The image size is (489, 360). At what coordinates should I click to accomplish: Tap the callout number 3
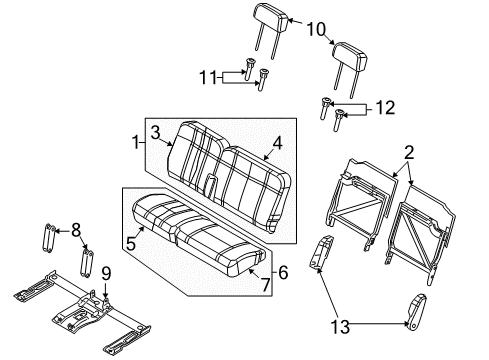coord(156,132)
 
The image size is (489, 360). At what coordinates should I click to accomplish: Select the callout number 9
coord(105,271)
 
